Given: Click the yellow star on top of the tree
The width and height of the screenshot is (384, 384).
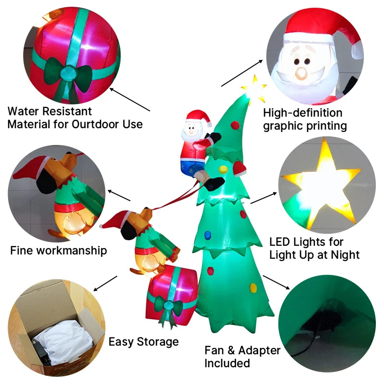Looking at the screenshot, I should [254, 89].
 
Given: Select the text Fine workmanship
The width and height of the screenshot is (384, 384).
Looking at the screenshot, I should [59, 251].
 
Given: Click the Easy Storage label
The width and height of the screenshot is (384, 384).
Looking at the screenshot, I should [144, 342].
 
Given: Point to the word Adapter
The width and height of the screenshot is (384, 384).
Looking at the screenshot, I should [258, 350].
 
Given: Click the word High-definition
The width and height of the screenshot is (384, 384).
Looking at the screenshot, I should [303, 113].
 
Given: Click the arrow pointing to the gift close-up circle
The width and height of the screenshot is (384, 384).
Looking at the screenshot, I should [130, 99].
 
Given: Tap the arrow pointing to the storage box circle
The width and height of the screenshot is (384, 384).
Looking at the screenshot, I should [105, 283].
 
